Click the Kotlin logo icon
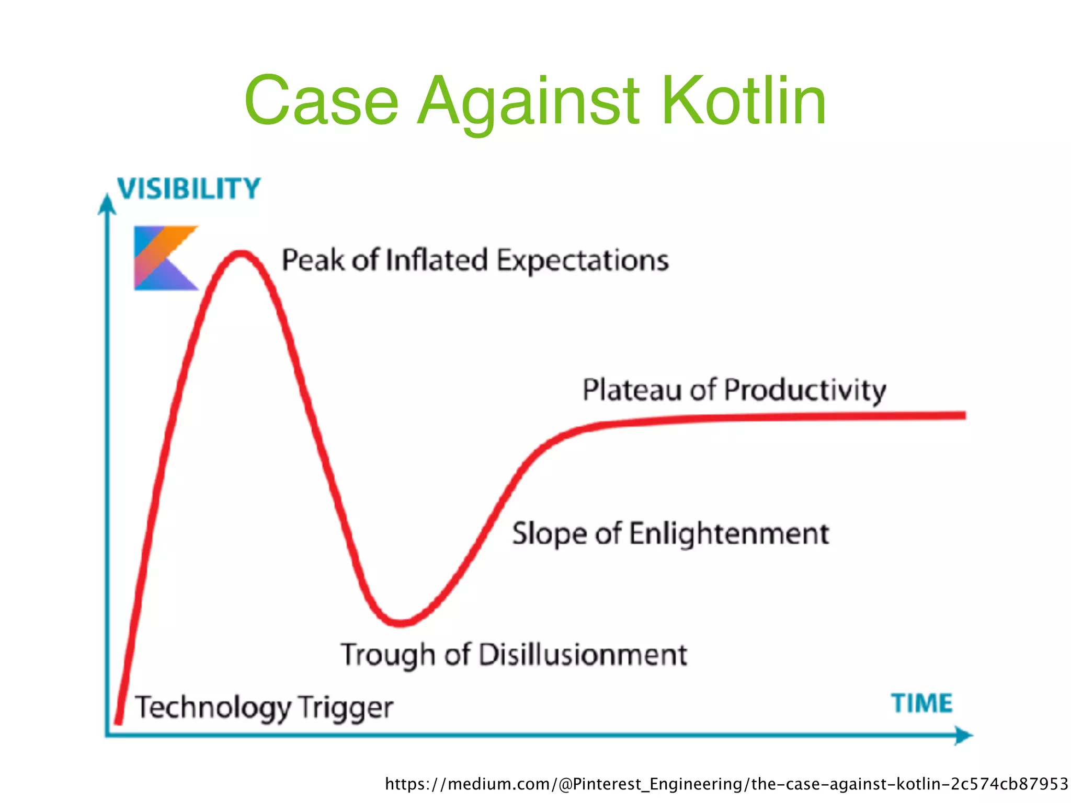165,258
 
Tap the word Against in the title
528,102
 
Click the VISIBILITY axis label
189,189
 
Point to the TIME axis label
921,703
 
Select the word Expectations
583,261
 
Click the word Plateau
632,390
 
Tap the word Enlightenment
729,534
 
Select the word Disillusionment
583,654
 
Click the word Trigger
346,708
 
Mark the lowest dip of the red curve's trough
400,622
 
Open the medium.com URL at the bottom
726,784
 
